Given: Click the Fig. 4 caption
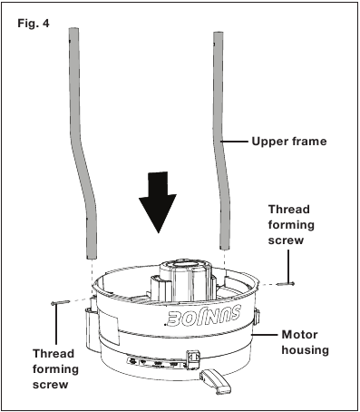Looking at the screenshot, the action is pos(34,24).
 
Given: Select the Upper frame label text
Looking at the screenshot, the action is pos(289,142).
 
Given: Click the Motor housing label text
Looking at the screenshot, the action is pos(306,342).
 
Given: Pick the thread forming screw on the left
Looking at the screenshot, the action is pos(61,302).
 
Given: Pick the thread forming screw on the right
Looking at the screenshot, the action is pos(286,284).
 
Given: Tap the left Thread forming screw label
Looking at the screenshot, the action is pos(55,369).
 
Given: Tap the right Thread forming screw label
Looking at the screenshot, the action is pos(291,225).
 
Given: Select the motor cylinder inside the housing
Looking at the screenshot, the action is pos(181,280).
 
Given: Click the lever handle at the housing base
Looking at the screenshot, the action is pos(215,381).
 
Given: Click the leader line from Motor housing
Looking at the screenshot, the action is pos(265,335).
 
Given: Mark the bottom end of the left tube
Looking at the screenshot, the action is pos(92,258).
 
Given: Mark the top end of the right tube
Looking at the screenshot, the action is pos(219,33).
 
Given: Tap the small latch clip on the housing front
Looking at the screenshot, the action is pos(193,359).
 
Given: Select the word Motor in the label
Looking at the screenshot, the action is pos(299,335).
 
